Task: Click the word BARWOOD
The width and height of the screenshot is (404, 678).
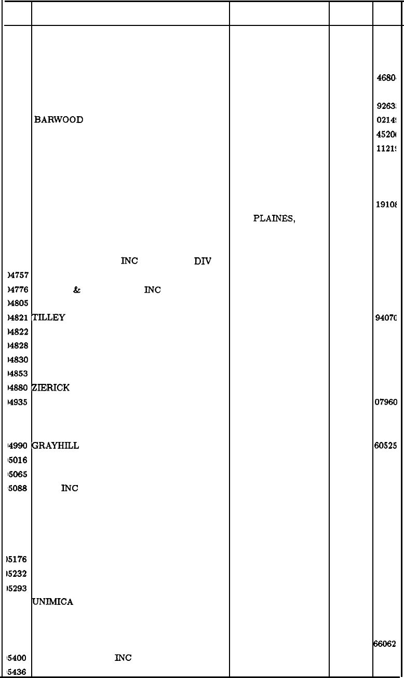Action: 59,120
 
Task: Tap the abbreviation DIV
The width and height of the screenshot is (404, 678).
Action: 202,261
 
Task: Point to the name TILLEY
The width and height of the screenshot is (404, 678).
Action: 48,317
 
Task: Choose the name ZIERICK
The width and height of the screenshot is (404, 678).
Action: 51,388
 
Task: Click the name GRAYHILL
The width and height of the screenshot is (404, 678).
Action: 55,446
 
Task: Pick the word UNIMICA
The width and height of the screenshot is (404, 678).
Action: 52,602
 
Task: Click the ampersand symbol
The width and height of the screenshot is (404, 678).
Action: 77,290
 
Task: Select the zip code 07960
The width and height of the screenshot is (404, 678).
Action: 386,402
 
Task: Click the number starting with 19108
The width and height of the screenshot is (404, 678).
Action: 386,204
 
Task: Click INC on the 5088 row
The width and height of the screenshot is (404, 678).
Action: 70,488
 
